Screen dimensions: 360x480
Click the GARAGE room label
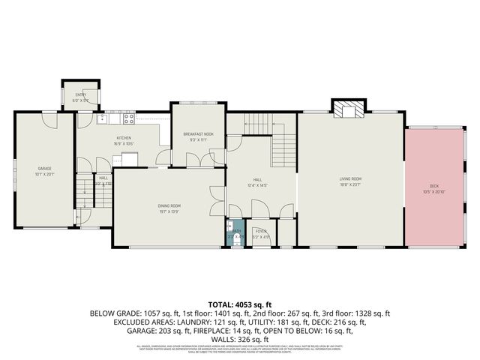click(x=45, y=168)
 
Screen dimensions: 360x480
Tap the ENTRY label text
click(x=80, y=94)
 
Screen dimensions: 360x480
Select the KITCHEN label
click(x=124, y=138)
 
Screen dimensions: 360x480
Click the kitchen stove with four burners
click(x=128, y=117)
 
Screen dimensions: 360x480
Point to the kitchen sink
click(x=102, y=118)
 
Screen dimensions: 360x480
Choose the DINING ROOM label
click(x=169, y=205)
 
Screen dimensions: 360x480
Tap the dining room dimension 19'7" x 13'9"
click(x=169, y=211)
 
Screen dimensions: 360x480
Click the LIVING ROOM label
click(x=350, y=178)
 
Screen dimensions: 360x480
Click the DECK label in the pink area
click(x=433, y=185)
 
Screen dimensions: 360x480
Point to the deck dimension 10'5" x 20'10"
click(x=433, y=191)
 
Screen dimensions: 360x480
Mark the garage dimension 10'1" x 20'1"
click(x=45, y=174)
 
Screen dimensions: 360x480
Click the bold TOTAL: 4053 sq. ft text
click(x=239, y=304)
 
